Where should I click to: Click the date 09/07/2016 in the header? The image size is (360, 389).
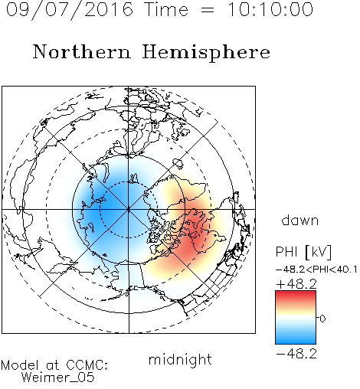(70, 10)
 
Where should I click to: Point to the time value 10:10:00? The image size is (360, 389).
(270, 9)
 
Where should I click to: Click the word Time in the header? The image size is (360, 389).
(166, 9)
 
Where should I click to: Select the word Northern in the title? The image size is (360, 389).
(81, 51)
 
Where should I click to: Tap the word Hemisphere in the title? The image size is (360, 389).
(206, 53)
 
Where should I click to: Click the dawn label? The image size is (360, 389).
(300, 220)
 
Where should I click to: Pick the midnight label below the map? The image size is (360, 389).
(180, 359)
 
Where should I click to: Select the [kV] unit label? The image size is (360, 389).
(318, 252)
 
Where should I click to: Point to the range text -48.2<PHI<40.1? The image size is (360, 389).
(316, 270)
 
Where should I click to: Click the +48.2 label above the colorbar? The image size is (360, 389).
(296, 284)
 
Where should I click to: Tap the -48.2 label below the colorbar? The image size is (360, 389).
(296, 354)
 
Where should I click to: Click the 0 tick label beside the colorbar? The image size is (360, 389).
(322, 319)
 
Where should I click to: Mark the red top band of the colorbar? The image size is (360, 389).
(296, 293)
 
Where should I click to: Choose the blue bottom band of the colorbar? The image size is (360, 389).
(296, 341)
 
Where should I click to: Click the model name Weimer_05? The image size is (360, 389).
(58, 378)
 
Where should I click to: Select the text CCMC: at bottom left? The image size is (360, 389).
(87, 365)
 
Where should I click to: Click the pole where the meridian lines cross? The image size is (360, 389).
(129, 210)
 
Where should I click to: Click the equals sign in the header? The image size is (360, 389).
(208, 11)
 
